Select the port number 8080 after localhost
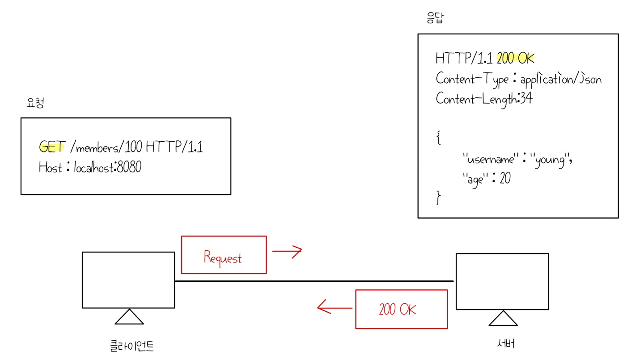pyautogui.click(x=129, y=168)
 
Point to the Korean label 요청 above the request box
pyautogui.click(x=35, y=103)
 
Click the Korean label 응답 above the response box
pyautogui.click(x=436, y=18)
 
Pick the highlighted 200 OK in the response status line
pyautogui.click(x=516, y=59)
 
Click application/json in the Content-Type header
pyautogui.click(x=561, y=80)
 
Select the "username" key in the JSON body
pyautogui.click(x=489, y=159)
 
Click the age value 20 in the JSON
pyautogui.click(x=505, y=179)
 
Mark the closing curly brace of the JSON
pyautogui.click(x=439, y=198)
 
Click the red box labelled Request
pyautogui.click(x=224, y=255)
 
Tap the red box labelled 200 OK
pyautogui.click(x=401, y=309)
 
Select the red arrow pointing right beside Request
pyautogui.click(x=287, y=251)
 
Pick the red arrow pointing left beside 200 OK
pyautogui.click(x=334, y=308)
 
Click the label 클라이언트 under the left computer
pyautogui.click(x=132, y=346)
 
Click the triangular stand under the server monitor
pyautogui.click(x=503, y=318)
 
